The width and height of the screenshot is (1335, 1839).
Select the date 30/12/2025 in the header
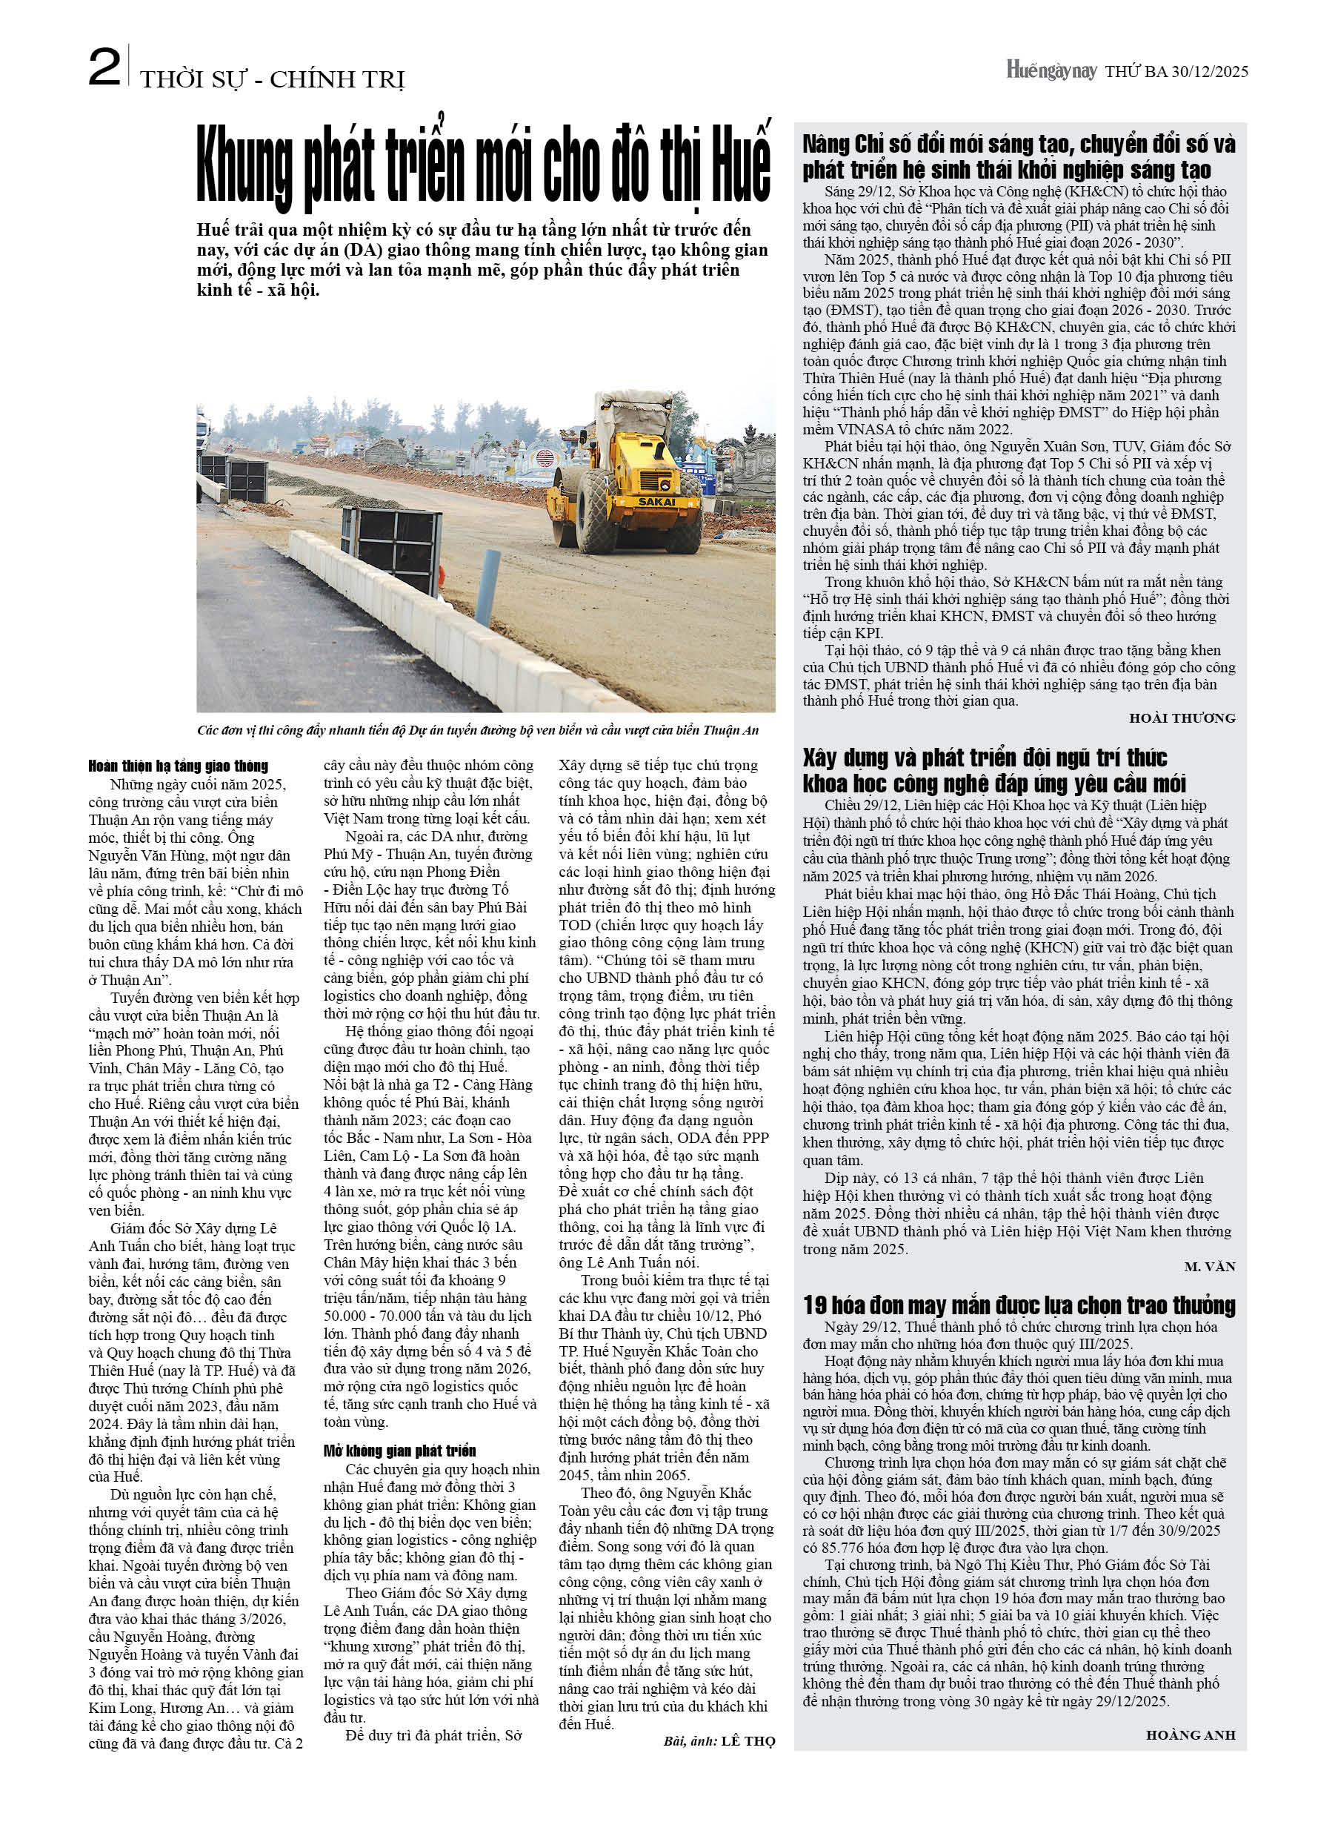coord(1208,71)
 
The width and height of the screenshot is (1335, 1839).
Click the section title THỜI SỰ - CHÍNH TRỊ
coord(272,79)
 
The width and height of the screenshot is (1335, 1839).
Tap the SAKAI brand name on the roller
coord(656,501)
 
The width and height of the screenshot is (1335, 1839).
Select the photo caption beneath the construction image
coord(479,730)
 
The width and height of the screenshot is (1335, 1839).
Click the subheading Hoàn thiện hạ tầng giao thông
coord(179,766)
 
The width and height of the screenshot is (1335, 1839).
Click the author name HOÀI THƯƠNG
coord(1182,718)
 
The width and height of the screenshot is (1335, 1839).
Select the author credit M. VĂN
coord(1209,1267)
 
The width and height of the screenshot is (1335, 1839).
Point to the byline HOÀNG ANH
coord(1190,1735)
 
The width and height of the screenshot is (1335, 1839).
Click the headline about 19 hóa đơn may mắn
coord(1019,1305)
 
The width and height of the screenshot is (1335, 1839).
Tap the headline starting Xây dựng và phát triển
coord(993,770)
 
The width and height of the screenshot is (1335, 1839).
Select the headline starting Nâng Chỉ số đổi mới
coord(1019,156)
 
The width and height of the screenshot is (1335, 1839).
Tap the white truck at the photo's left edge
coord(203,438)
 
